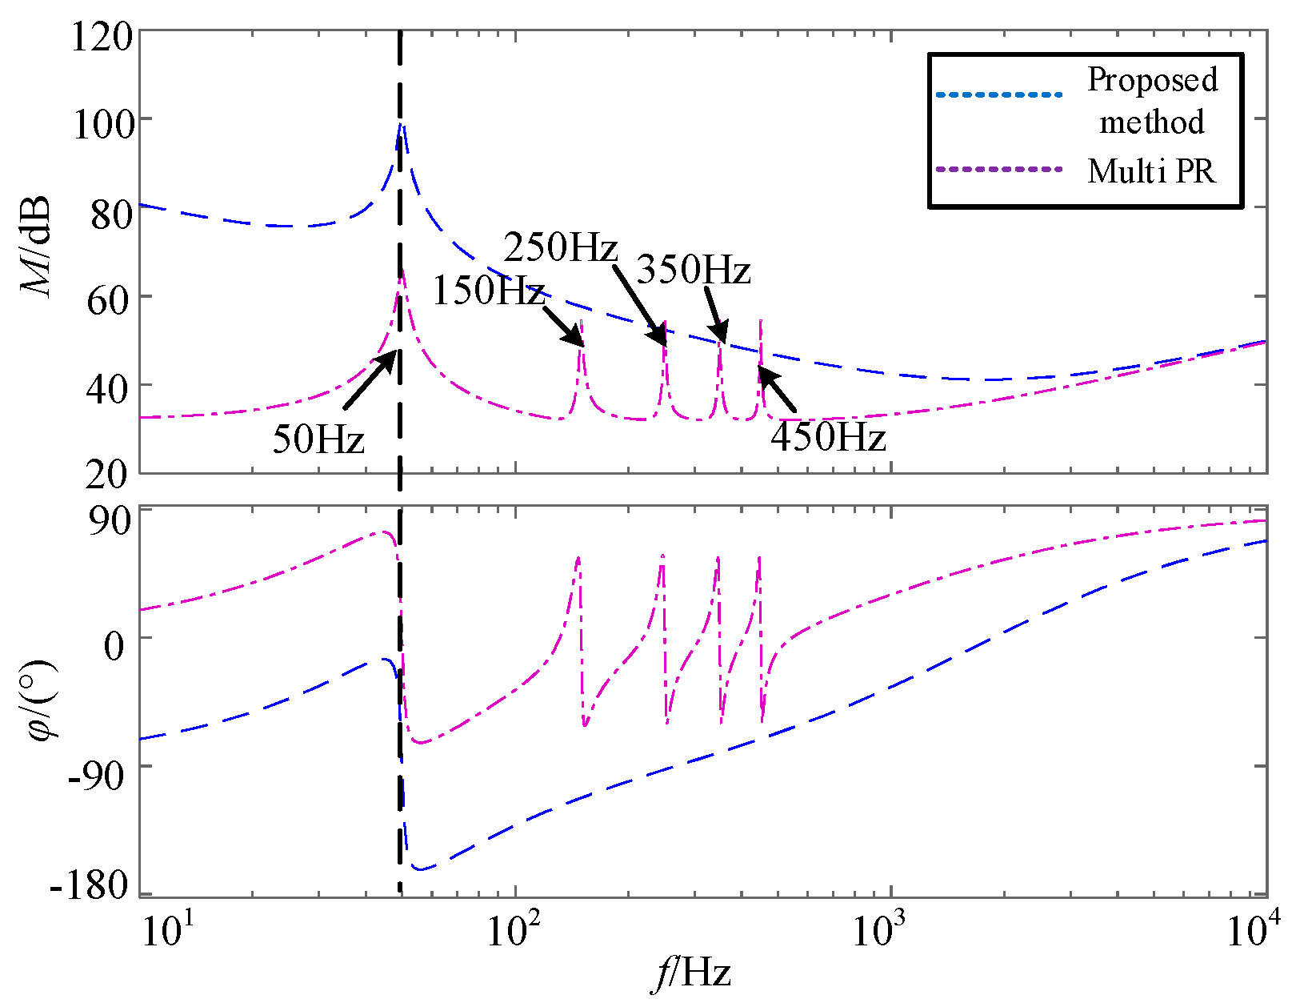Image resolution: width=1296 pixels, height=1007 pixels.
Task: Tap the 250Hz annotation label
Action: click(560, 247)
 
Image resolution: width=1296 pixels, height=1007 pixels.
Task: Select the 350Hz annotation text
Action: click(693, 270)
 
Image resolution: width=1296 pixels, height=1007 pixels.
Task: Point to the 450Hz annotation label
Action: click(828, 438)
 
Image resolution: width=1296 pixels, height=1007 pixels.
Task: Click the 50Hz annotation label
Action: click(318, 439)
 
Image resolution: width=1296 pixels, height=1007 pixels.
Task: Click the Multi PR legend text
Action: click(1151, 171)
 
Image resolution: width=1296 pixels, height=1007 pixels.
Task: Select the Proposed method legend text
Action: click(1151, 101)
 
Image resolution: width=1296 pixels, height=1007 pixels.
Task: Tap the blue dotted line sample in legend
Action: click(999, 95)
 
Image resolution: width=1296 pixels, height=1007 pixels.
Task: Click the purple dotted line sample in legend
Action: click(999, 170)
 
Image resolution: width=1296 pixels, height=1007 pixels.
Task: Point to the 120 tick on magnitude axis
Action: click(101, 37)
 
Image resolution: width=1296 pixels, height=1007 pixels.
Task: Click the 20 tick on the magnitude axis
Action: click(107, 474)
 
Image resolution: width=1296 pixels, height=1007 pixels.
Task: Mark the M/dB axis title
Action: click(37, 247)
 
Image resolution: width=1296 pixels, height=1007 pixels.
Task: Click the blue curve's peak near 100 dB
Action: click(401, 125)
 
